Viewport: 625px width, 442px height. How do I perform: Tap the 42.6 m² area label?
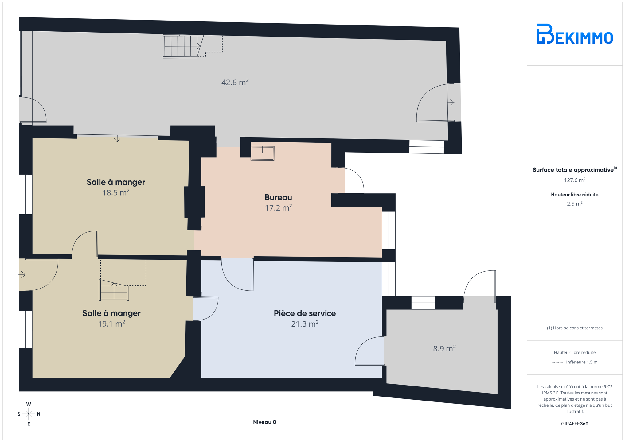235,82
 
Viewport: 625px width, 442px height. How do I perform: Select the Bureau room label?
278,197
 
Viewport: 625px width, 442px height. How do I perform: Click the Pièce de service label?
305,313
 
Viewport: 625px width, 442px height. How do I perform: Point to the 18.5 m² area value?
116,192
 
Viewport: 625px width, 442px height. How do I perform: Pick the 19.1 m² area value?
111,324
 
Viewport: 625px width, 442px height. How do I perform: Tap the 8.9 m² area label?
444,348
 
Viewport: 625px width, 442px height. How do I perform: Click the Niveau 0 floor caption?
265,422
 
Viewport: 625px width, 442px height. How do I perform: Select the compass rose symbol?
29,414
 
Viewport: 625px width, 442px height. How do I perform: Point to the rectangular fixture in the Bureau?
263,153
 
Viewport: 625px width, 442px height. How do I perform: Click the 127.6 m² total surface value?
575,180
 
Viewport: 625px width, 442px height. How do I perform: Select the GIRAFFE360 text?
575,424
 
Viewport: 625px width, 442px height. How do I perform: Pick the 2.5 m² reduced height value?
575,204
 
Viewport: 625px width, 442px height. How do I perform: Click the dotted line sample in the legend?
557,362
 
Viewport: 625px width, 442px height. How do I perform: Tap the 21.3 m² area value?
305,324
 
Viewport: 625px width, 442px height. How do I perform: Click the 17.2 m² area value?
278,208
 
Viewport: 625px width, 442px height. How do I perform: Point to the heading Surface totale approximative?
573,170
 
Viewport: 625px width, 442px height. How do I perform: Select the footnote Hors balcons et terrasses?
575,328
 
